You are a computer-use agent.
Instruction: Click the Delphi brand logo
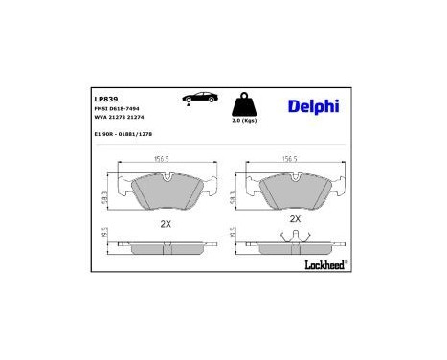(313, 105)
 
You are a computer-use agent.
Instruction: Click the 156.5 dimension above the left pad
(163, 160)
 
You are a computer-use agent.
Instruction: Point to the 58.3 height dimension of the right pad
(234, 193)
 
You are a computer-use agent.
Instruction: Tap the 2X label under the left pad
(165, 223)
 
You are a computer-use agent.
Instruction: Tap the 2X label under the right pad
(295, 218)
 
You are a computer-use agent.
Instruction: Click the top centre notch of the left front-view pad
(167, 177)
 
